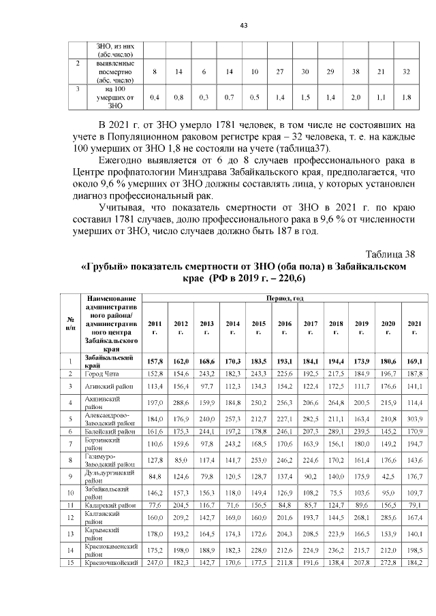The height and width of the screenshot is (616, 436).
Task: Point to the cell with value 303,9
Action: coord(414,417)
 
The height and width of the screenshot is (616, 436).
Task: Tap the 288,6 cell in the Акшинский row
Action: coord(181,402)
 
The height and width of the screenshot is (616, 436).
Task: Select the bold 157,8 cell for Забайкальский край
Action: coord(155,361)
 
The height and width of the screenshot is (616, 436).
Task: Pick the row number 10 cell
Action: coord(69,491)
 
